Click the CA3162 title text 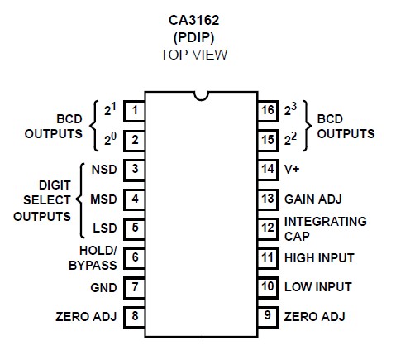pos(193,21)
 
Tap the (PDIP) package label pos(193,37)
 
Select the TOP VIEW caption pos(193,55)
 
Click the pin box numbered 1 pos(134,111)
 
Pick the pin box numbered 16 pos(268,111)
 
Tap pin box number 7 pos(134,287)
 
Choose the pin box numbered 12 pos(268,228)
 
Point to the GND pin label pos(103,288)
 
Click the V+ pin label pos(292,169)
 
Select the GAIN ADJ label pos(313,199)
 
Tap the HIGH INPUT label pos(319,258)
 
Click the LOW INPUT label pos(318,287)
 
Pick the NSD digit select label pos(104,170)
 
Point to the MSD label pos(103,199)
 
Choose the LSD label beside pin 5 pos(105,228)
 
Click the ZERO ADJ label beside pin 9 pos(314,317)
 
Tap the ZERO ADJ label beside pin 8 pos(86,317)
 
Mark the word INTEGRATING pos(326,222)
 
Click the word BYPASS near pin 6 pos(93,266)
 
